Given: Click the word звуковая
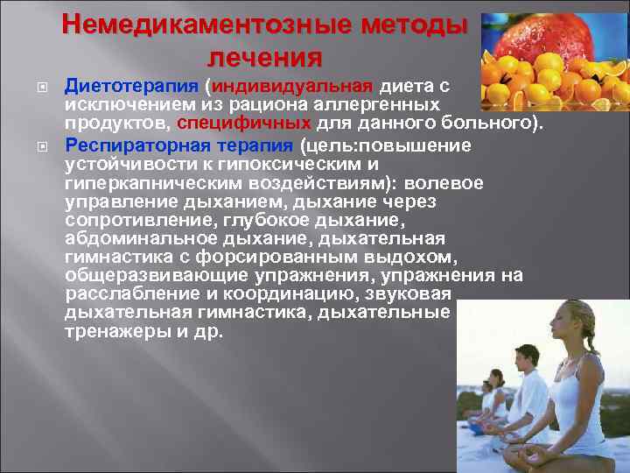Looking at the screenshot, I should tap(408, 294).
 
